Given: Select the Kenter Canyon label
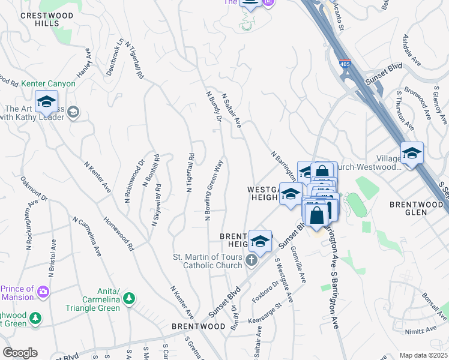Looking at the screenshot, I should coord(48,83).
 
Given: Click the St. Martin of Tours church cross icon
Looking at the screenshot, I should coord(251,260).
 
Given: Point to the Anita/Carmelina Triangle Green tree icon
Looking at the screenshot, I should coord(128,298).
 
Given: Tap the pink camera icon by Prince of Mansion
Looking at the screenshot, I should coord(43,292).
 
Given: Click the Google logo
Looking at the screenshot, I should coord(20,352).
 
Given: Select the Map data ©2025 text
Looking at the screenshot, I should coord(423,355).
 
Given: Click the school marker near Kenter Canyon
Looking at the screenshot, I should coord(46,102).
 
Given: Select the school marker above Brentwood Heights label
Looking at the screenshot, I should coord(259,241).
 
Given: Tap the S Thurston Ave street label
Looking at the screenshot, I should coord(405,111).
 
